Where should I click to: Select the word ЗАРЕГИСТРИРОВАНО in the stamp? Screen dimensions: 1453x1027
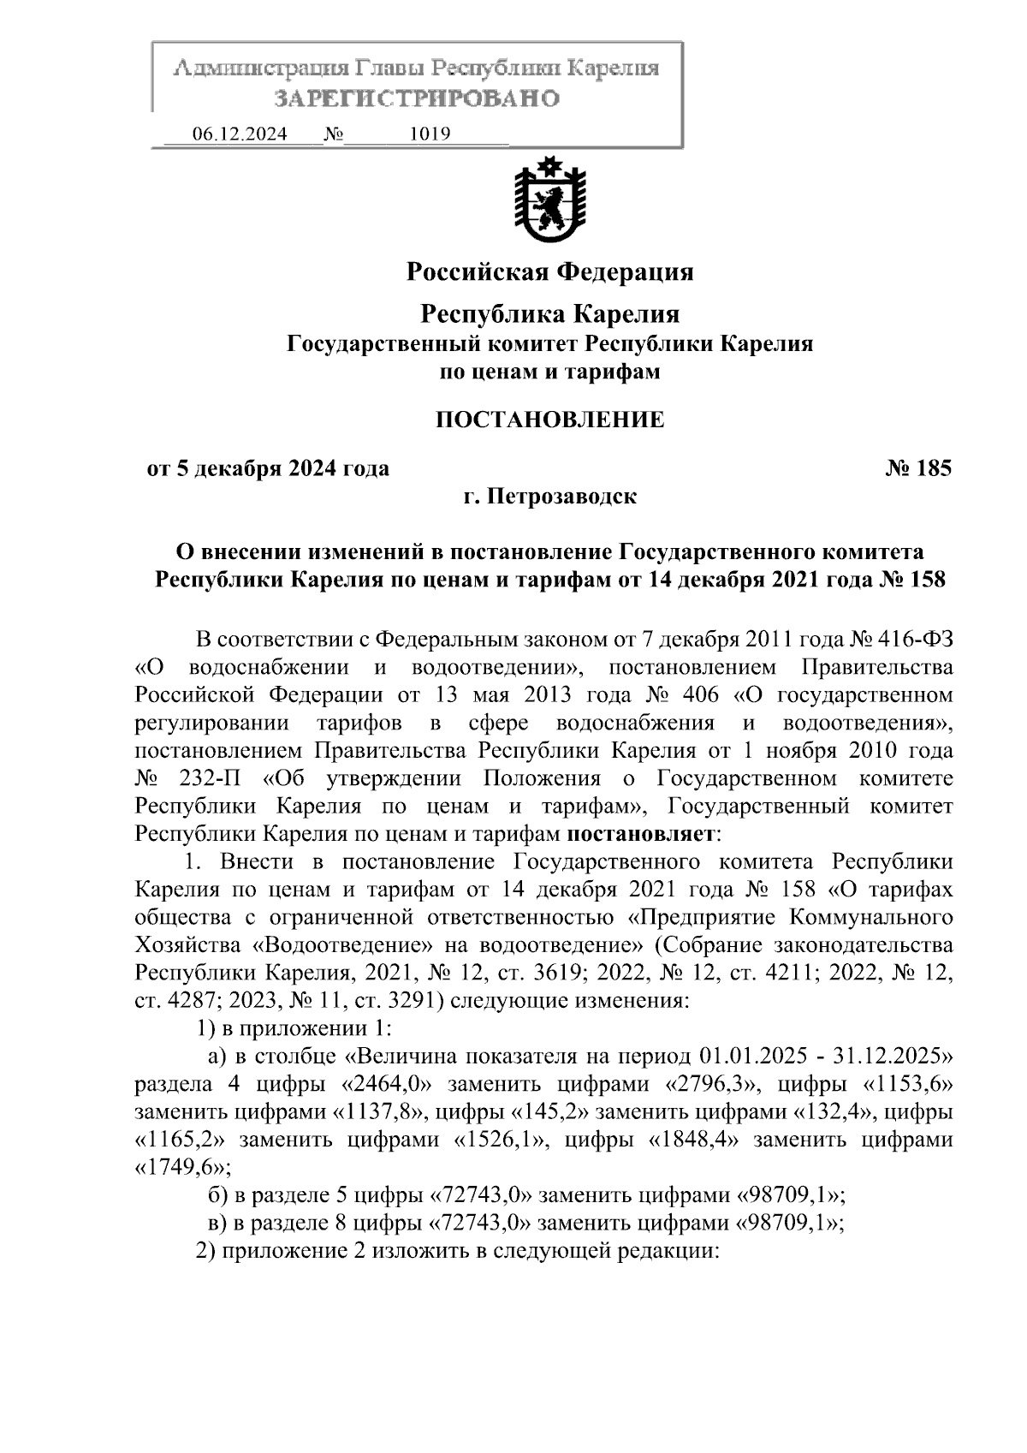[417, 98]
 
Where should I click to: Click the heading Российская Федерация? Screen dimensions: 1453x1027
[549, 272]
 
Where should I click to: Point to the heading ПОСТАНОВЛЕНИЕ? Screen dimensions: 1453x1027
[549, 420]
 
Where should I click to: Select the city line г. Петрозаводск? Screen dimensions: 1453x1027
[549, 497]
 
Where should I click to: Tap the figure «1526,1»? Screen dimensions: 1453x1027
[499, 1140]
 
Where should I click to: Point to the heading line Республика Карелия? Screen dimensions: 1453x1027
[549, 314]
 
